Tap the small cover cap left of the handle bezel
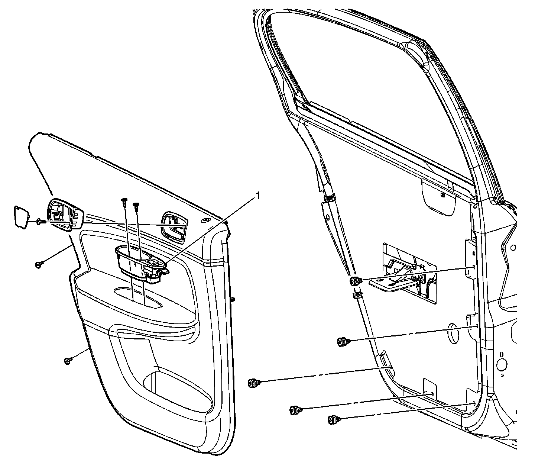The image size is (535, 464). pos(21,215)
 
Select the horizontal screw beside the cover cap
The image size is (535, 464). pos(41,222)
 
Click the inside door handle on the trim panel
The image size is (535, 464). pos(174,226)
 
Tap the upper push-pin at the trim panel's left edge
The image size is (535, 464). pos(38,264)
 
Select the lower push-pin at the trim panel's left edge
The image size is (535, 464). pos(67,360)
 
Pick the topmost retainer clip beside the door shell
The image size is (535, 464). pos(354,281)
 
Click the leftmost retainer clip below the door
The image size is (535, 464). pos(253,382)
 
